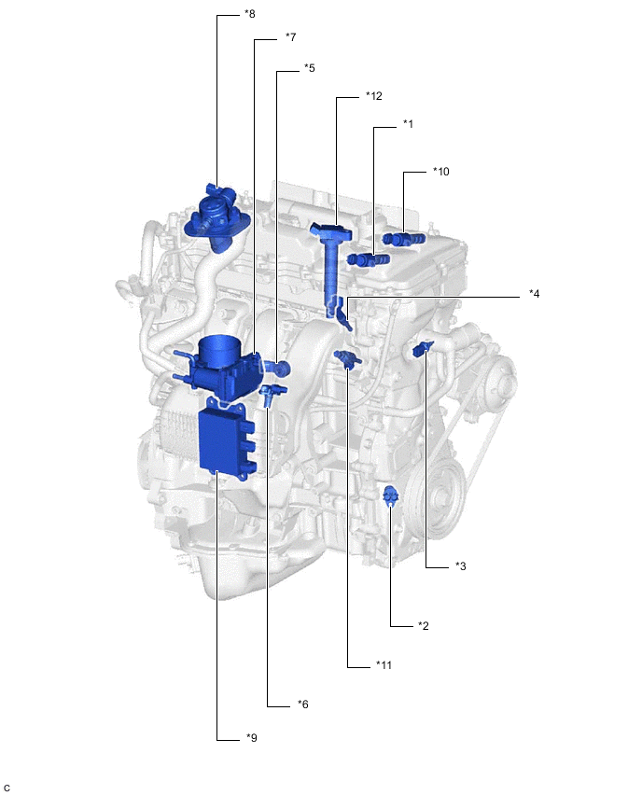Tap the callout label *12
374,96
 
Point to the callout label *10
440,173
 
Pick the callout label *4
534,294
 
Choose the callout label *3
460,566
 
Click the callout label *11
384,665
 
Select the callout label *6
303,704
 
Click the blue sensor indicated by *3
422,348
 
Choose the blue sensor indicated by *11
346,358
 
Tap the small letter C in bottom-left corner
7,788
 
